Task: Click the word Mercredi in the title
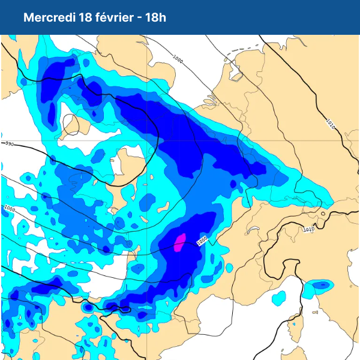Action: (49, 17)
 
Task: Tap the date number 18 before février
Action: (85, 17)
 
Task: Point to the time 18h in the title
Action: (155, 17)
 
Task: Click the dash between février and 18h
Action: (140, 17)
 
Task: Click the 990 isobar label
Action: (8, 144)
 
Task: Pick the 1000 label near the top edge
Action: (178, 59)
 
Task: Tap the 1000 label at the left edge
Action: (9, 208)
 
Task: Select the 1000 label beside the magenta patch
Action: (202, 240)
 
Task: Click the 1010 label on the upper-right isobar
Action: (330, 124)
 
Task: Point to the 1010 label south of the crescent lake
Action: (308, 229)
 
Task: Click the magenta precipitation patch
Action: (179, 242)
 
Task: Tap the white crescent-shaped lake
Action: (252, 229)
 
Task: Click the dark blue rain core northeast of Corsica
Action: (322, 284)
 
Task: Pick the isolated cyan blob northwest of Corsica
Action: (278, 298)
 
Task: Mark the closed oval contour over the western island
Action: (71, 124)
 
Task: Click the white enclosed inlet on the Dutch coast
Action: (236, 76)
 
